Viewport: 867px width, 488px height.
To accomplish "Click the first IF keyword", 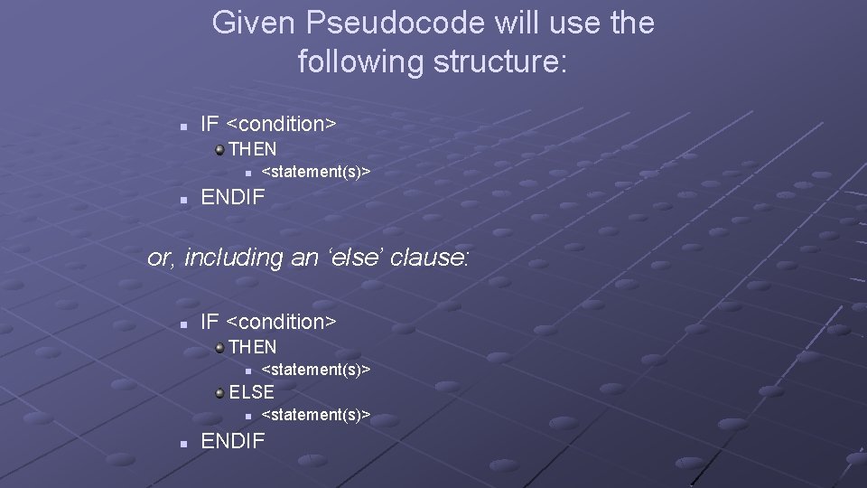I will pos(210,124).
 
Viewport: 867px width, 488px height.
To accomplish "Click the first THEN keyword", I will pos(253,149).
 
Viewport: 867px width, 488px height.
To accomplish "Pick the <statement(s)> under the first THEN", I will pos(316,172).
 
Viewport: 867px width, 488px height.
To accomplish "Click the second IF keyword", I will pos(210,322).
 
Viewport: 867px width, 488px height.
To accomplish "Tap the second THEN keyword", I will pos(253,347).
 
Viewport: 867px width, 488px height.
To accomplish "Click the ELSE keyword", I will pos(252,392).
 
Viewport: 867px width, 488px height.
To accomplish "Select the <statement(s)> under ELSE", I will pos(316,415).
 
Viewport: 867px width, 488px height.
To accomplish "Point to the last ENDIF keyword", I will pos(233,441).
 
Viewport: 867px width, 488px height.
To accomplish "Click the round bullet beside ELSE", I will pos(219,391).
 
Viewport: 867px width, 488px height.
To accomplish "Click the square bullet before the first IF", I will pos(183,126).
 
